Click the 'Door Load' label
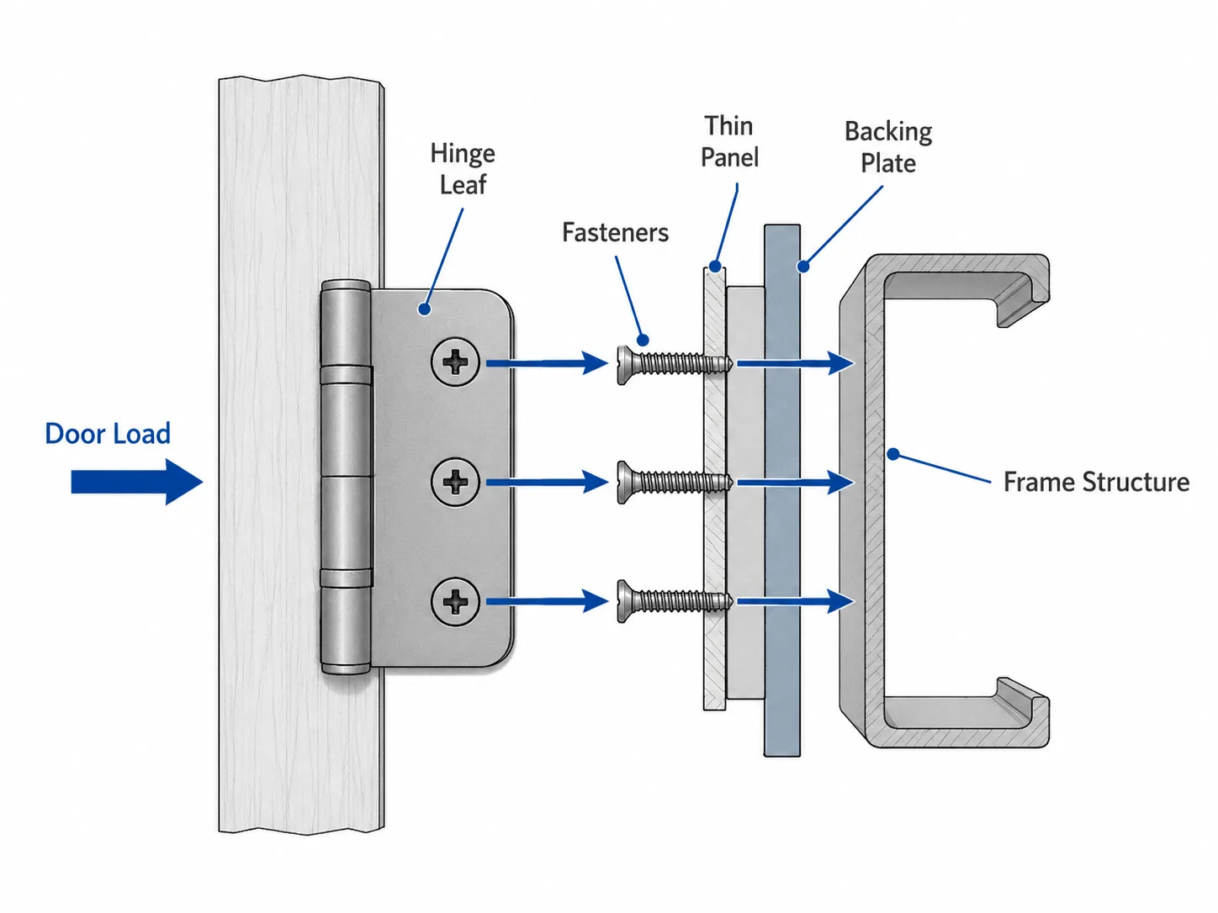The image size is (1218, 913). click(x=108, y=434)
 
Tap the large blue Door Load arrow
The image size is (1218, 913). click(x=136, y=482)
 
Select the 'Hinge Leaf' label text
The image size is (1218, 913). click(x=463, y=169)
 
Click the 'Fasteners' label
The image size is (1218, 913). click(x=616, y=232)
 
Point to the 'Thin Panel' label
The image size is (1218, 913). click(x=729, y=141)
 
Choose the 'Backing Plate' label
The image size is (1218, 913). click(x=888, y=147)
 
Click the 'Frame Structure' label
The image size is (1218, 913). click(x=1097, y=482)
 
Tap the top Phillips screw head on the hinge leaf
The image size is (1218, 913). click(x=456, y=362)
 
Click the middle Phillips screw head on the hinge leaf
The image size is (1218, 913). click(x=456, y=482)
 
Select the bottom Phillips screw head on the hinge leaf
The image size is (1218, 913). click(x=456, y=602)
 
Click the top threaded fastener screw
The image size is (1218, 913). click(x=675, y=364)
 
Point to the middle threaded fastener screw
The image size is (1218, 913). click(x=675, y=483)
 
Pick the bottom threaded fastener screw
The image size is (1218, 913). click(x=675, y=601)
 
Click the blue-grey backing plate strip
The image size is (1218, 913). click(x=781, y=490)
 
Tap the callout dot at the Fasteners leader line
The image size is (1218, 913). click(x=643, y=340)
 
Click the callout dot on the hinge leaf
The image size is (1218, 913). click(x=425, y=309)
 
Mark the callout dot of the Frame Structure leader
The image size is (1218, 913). click(x=892, y=455)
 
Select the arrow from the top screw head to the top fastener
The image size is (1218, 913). click(x=547, y=363)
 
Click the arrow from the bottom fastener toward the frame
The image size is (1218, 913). click(x=796, y=601)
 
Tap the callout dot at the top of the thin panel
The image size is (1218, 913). click(x=716, y=267)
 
